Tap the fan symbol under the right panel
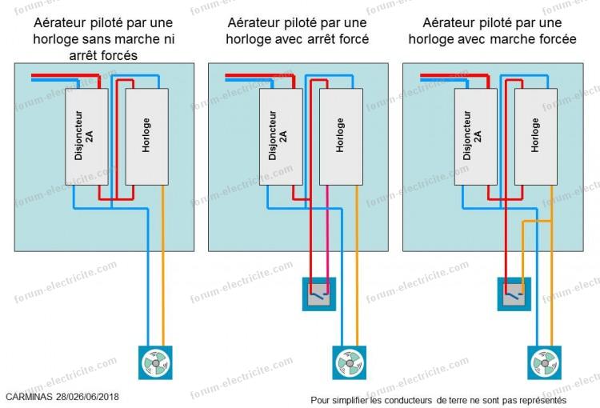(543, 362)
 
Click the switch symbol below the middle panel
(318, 294)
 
